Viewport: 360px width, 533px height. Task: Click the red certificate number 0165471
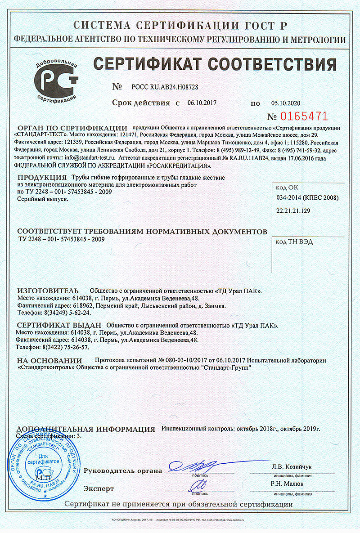point(304,116)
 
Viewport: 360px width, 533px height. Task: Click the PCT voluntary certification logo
point(56,80)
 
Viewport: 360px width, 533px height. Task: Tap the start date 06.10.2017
point(202,103)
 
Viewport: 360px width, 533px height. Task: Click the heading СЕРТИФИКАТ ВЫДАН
point(58,325)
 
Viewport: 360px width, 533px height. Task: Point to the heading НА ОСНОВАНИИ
point(49,360)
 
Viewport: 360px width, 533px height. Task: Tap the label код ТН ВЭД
point(294,242)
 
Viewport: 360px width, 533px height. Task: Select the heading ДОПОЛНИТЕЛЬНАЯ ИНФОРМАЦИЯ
point(85,429)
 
